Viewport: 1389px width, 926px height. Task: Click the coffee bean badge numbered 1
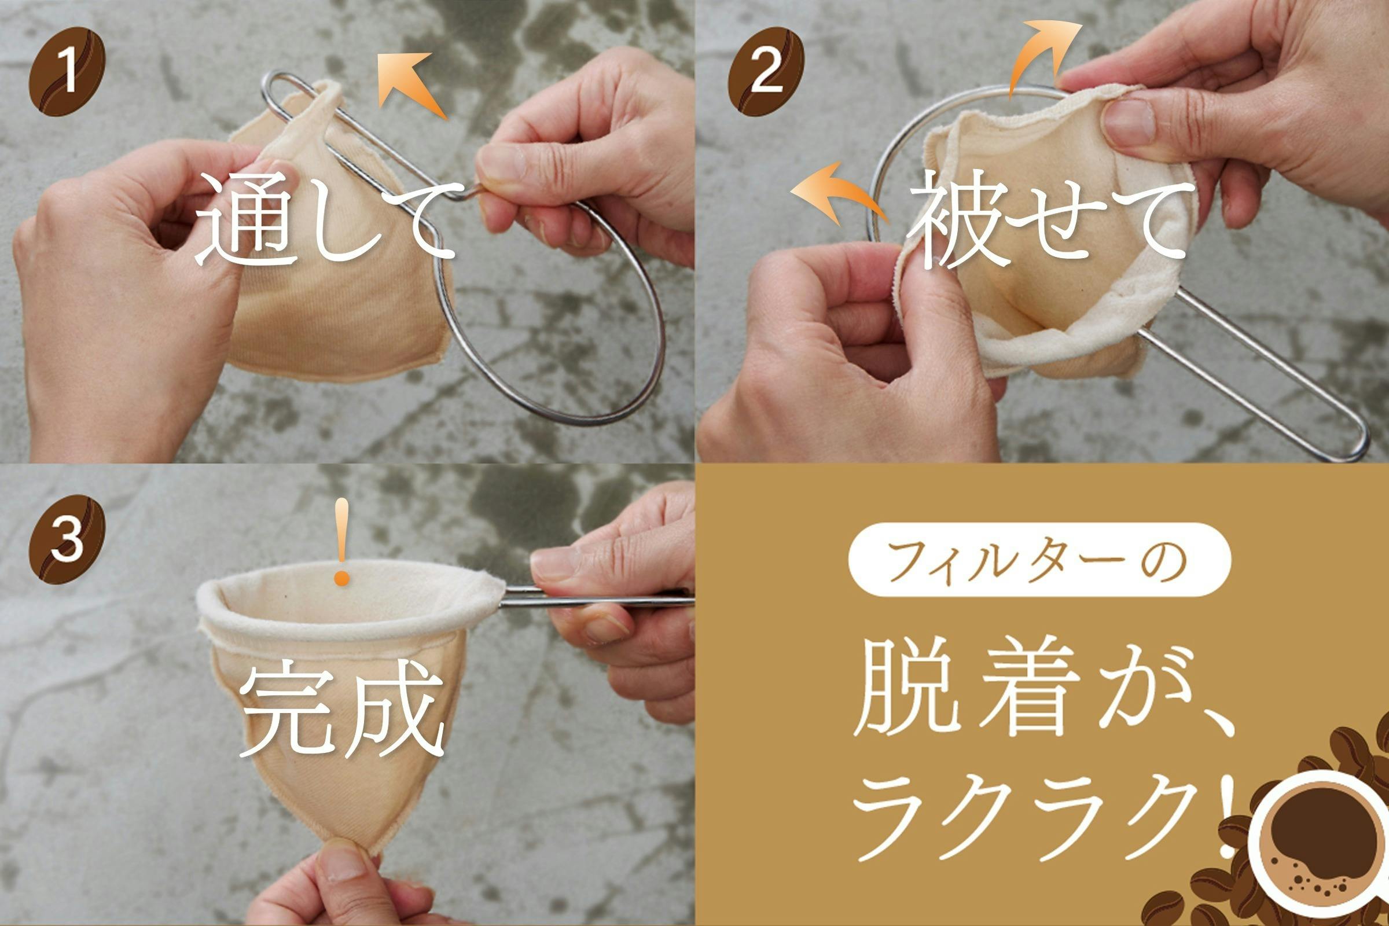(67, 71)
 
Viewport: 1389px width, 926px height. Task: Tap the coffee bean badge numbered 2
(765, 71)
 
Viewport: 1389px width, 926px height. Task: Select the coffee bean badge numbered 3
(67, 540)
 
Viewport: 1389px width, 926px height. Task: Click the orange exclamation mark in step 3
(341, 542)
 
